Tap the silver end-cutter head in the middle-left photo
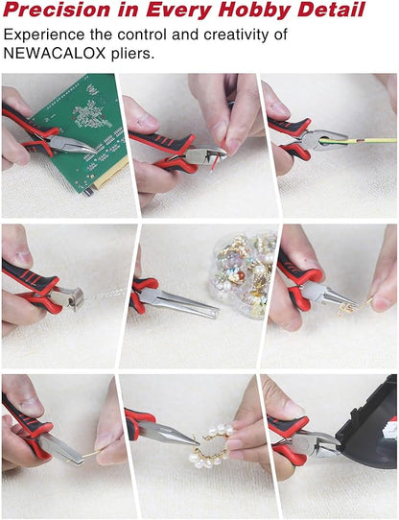click(x=72, y=296)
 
